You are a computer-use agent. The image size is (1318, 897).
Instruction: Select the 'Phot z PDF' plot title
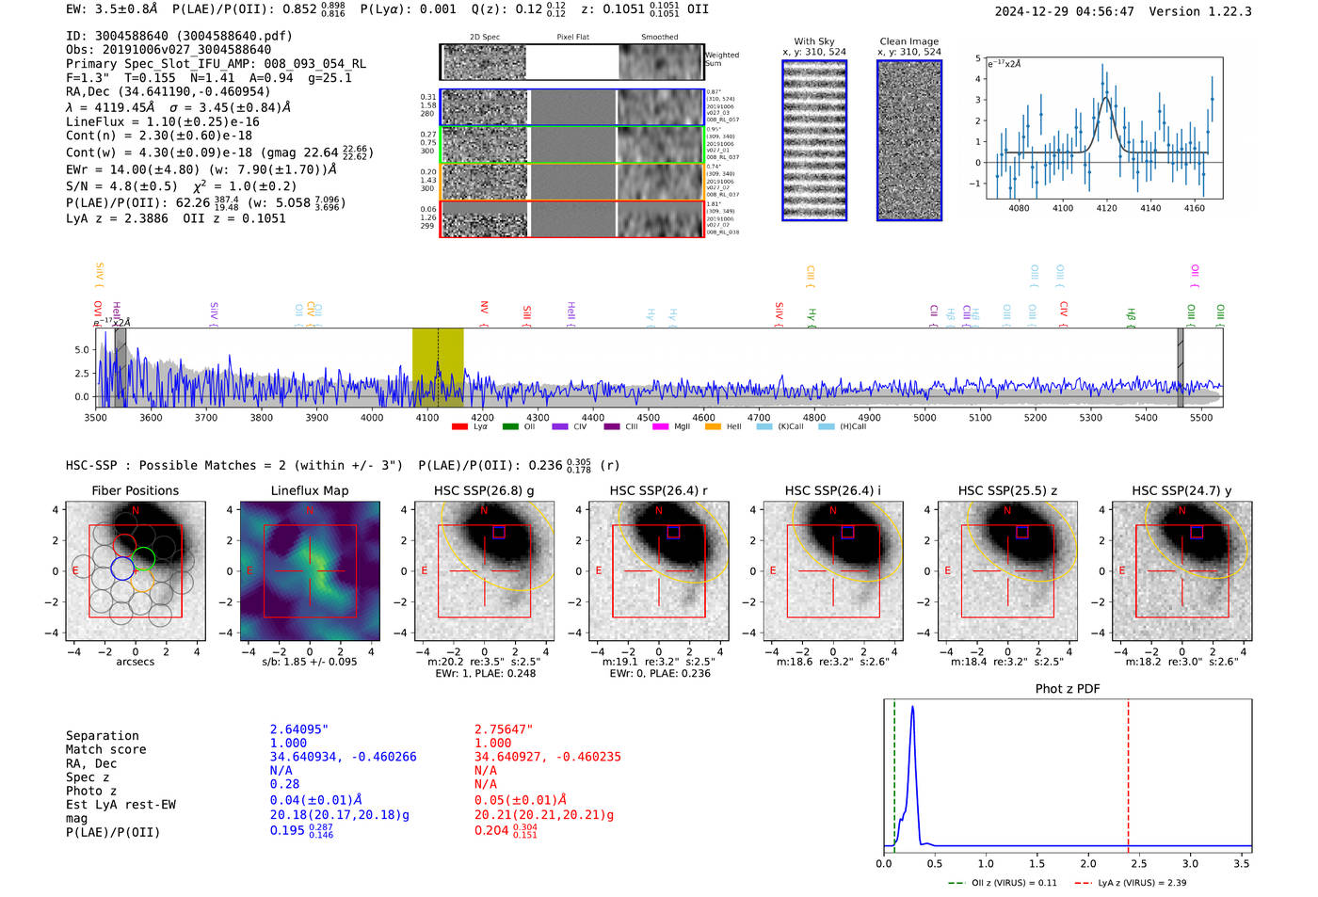[x=1068, y=688]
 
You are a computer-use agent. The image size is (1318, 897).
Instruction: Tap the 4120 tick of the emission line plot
[x=1106, y=208]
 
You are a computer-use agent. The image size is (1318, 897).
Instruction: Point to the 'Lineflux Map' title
[x=309, y=490]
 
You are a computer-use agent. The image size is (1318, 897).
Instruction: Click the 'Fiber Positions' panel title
[x=135, y=490]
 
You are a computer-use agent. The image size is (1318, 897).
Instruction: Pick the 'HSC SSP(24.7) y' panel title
[x=1181, y=490]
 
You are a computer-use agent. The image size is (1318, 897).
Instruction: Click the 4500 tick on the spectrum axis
[x=648, y=417]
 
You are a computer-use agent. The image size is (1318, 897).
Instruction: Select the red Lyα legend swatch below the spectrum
[x=459, y=426]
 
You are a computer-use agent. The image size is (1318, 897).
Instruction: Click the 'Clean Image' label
[x=908, y=41]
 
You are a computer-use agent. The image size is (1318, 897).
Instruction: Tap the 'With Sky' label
[x=813, y=41]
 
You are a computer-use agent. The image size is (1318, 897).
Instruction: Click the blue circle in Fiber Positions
[x=122, y=569]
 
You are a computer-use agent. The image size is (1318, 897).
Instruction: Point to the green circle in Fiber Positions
[x=143, y=558]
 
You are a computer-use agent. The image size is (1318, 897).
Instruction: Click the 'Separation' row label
[x=102, y=735]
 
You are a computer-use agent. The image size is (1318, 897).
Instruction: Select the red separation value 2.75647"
[x=504, y=729]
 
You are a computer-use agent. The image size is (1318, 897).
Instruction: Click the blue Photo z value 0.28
[x=284, y=783]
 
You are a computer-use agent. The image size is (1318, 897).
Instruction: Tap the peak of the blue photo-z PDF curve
[x=912, y=708]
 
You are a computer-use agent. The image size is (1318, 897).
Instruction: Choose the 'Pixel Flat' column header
[x=572, y=37]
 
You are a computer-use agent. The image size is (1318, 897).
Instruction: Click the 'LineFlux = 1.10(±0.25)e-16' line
[x=162, y=121]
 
